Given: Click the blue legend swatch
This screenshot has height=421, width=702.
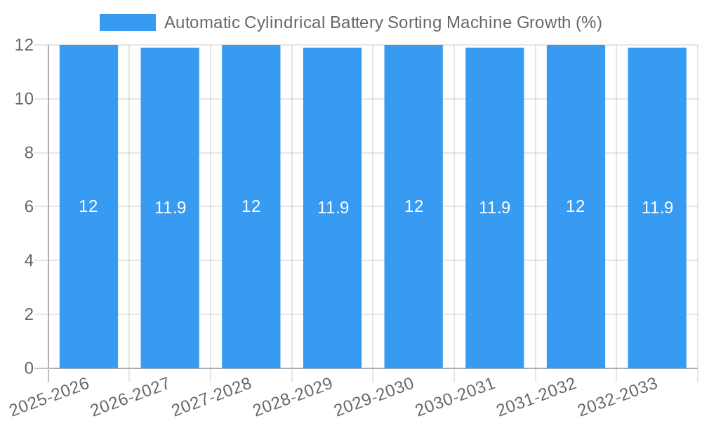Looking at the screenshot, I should (x=127, y=22).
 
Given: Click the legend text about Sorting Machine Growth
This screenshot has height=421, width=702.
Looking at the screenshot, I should (x=383, y=22).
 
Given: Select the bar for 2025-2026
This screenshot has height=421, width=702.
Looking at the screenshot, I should (x=88, y=281).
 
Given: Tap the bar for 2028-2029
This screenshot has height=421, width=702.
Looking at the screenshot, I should (x=332, y=281).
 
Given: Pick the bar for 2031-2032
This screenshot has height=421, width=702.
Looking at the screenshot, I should (x=576, y=281).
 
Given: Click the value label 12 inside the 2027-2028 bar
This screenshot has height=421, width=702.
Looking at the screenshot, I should (x=251, y=206).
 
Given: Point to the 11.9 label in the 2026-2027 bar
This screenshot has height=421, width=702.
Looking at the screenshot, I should (x=170, y=208).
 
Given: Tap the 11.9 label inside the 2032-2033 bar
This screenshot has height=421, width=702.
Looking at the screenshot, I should (x=657, y=208).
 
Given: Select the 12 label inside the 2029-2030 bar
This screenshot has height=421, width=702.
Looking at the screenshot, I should (x=413, y=206).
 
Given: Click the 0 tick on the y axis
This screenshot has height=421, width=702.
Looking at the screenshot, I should (x=29, y=368).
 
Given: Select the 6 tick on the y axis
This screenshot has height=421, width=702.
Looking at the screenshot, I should (x=29, y=206).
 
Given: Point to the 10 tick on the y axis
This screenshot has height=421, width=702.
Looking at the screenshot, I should (x=25, y=99).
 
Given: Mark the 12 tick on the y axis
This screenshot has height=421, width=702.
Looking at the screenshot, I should (x=25, y=45).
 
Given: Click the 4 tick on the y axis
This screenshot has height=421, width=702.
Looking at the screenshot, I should (x=29, y=260).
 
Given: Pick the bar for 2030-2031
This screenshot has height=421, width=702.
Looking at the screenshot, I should (x=494, y=281).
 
